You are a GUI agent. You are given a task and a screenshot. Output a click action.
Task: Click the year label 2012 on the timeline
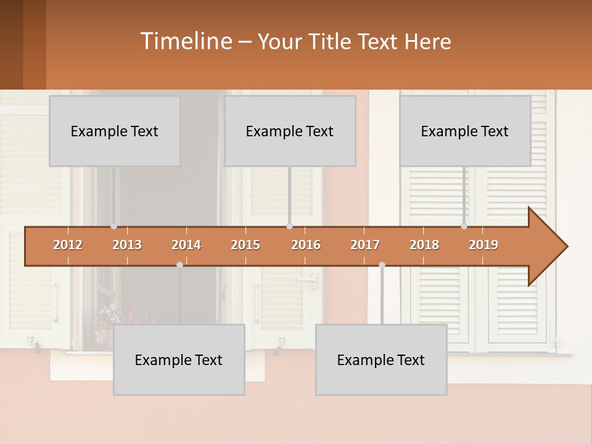(68, 245)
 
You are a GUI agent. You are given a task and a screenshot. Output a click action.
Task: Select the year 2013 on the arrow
(127, 245)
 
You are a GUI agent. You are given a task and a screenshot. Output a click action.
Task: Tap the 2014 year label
(186, 245)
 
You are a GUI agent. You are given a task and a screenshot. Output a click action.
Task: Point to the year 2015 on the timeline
(245, 245)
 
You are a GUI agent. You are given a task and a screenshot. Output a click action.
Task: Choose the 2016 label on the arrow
(306, 245)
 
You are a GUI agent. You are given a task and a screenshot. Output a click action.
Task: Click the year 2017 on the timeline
(365, 245)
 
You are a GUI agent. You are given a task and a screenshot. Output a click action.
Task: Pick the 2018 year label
(424, 245)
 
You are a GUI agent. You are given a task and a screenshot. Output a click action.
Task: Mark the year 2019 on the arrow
(483, 245)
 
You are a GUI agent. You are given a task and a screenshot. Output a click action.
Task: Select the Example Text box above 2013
(115, 131)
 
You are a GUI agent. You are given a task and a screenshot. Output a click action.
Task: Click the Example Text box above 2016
(290, 131)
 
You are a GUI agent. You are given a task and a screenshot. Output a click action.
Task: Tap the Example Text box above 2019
(465, 131)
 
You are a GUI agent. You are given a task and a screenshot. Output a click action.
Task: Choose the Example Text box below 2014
(179, 360)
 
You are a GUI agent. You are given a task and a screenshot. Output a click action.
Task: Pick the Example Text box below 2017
(381, 360)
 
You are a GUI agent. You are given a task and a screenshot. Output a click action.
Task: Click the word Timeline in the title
(185, 41)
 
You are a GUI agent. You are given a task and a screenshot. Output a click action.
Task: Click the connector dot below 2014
(179, 265)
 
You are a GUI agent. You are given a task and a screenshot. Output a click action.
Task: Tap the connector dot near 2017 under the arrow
(382, 265)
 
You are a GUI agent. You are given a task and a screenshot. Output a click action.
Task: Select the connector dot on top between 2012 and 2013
(114, 226)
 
